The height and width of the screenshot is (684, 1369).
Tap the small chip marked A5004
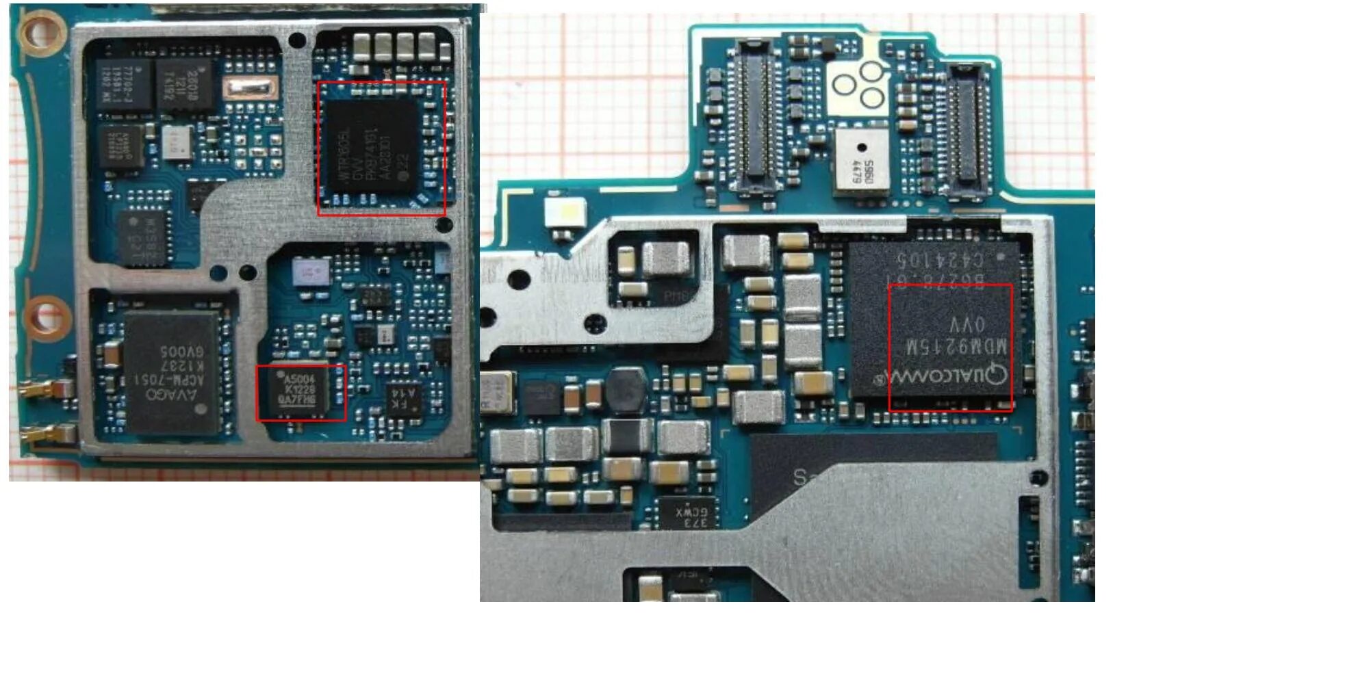coord(300,391)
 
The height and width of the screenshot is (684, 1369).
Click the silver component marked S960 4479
coord(861,163)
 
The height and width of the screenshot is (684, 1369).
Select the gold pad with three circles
coord(860,85)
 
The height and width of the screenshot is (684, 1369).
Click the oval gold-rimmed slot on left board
coord(251,88)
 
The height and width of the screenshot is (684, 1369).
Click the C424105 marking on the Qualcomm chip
coord(941,260)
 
